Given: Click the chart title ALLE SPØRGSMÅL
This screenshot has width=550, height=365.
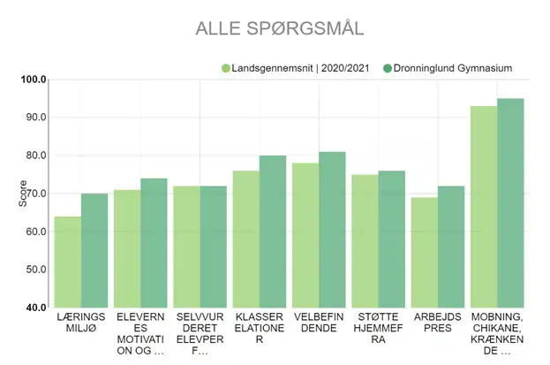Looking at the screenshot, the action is pos(280,28).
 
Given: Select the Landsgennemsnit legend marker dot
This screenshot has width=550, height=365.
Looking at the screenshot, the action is pos(226,68).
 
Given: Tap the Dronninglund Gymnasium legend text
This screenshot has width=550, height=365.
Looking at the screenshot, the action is pos(453,68).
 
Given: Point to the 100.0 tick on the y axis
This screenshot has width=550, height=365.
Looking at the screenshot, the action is pos(34,80).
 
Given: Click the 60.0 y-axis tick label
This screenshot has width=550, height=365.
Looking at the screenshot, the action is pos(36,232).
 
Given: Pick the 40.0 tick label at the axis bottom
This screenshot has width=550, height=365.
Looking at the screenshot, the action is pos(36,308).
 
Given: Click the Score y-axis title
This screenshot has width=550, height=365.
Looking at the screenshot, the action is pos(23,194).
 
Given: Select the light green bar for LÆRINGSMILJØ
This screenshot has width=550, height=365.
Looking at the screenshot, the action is pos(68,262).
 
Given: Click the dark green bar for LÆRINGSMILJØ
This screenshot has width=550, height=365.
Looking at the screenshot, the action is pos(94,251).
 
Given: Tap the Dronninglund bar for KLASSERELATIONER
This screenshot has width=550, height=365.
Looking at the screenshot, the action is pos(273,232).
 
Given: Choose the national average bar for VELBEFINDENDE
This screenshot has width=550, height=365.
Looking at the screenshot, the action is pos(305,236).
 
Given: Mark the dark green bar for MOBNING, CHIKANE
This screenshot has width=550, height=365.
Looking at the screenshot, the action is pos(510,203).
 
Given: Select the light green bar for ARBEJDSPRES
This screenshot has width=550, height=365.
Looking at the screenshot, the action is pos(425,253).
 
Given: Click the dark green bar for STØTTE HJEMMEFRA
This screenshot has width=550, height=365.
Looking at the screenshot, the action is pos(392,240).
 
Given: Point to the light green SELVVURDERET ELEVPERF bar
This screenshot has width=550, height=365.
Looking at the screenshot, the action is pos(186,247).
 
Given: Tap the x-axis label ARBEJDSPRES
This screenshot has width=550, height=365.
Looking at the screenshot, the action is pos(438,323).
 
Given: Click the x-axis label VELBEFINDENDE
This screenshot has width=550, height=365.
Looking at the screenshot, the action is pos(319,323).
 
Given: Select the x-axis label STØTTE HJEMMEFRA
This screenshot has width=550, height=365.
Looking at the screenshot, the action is pos(378,328).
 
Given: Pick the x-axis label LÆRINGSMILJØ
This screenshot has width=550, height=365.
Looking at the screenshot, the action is pos(81,323).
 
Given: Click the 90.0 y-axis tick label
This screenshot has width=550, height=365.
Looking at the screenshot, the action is pos(36,118).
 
